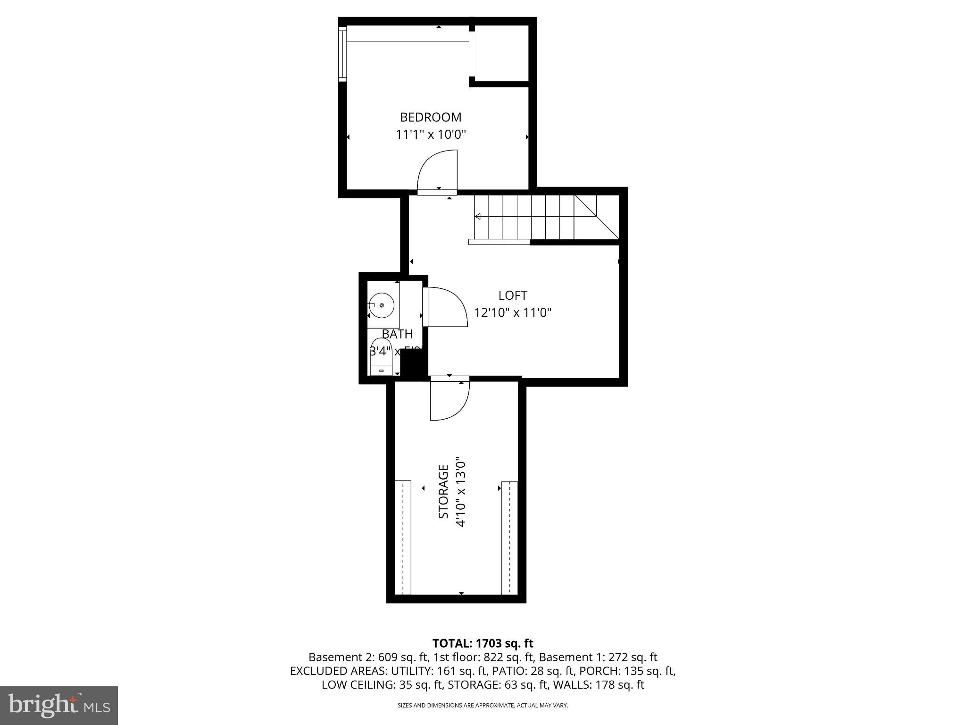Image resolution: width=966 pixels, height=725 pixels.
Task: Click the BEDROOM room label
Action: click(430, 117)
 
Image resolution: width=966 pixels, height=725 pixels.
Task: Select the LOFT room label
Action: click(513, 295)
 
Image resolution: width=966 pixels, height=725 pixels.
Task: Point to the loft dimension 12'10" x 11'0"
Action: click(513, 312)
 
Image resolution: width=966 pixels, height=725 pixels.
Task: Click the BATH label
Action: click(397, 334)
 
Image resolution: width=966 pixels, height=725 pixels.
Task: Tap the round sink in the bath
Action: click(381, 305)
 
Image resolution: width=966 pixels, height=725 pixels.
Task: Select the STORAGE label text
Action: click(443, 491)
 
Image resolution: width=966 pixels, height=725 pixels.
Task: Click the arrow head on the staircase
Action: click(478, 217)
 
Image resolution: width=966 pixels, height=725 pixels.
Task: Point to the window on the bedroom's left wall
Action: click(343, 54)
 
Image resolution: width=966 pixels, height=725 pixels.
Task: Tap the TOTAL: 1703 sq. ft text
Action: click(483, 643)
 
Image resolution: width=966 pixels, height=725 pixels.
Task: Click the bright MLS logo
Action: click(59, 705)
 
